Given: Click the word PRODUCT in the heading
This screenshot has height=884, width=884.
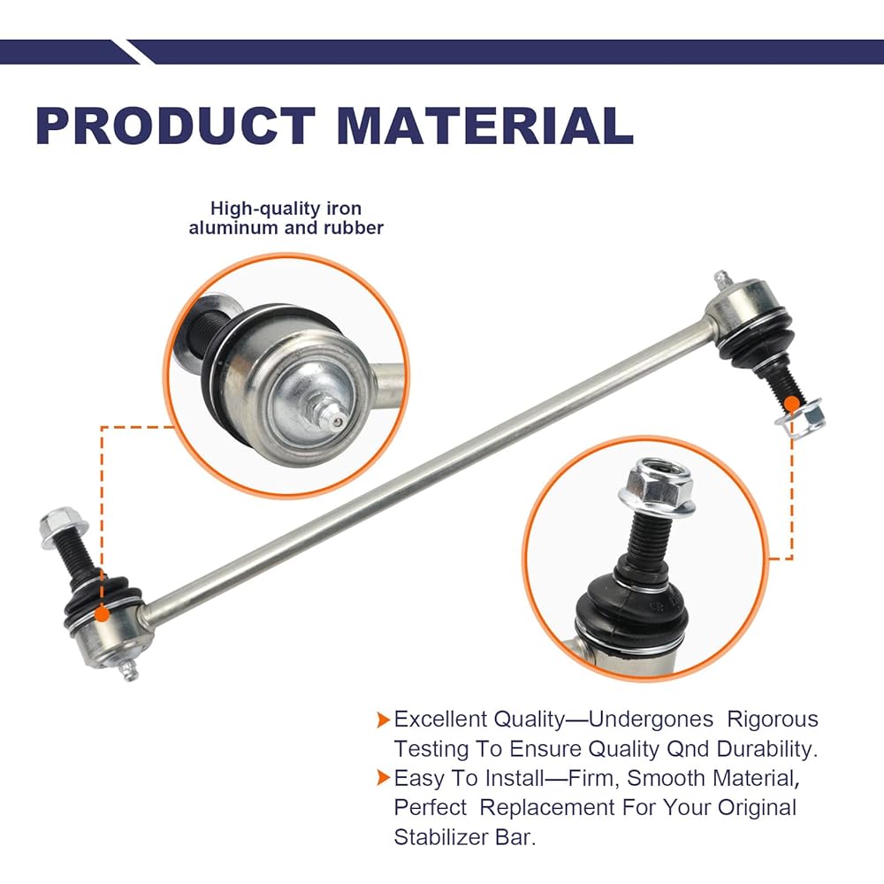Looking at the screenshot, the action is point(175,126).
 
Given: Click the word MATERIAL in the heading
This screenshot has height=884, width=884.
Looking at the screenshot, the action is point(485,126).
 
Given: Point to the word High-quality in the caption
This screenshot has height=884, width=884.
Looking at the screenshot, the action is point(257,210).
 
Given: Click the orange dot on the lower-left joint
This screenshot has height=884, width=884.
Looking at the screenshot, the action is point(102,614).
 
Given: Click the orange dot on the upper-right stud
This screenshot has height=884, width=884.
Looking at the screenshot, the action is point(791,404).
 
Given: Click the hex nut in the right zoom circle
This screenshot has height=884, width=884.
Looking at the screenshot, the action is point(658,487).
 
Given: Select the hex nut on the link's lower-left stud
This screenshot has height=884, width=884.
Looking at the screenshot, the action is point(62,527).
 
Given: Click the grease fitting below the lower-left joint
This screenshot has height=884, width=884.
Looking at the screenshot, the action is point(128,671).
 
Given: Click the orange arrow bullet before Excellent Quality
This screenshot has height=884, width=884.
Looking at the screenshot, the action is point(384,720).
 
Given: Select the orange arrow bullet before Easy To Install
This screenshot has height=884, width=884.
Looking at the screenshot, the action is point(384,778).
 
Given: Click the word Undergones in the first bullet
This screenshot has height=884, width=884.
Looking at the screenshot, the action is point(650,720).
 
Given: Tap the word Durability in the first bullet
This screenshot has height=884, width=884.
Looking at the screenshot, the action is point(766,750).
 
